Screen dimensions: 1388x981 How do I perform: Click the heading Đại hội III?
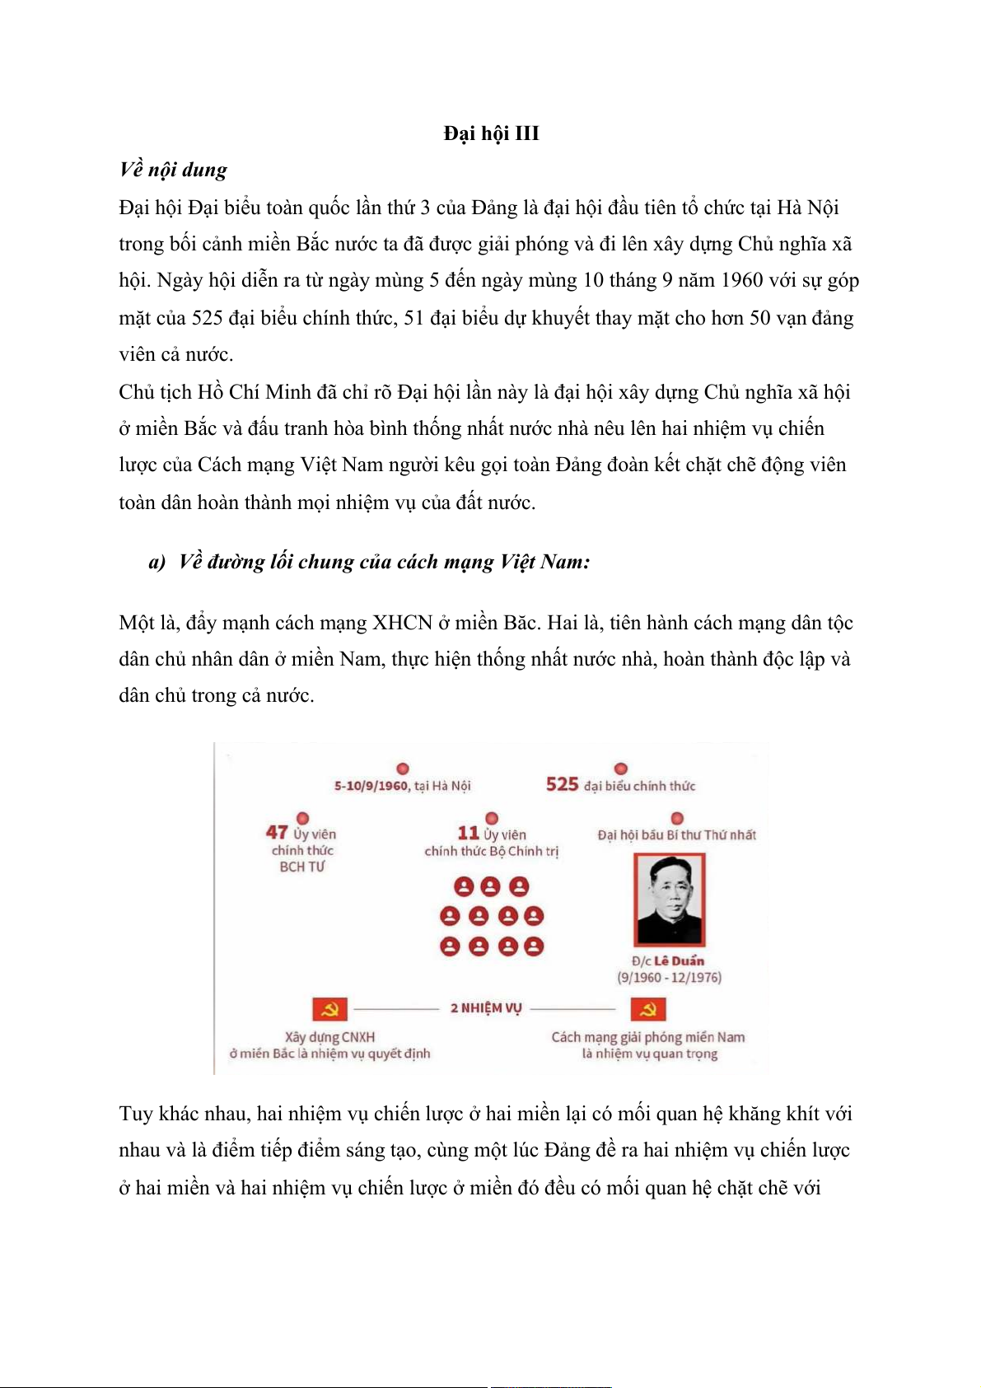coord(491,133)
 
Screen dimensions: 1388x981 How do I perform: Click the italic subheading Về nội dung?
coord(173,170)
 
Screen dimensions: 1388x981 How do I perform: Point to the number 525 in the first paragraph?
coord(208,318)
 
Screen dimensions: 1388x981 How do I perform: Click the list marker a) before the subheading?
coord(156,563)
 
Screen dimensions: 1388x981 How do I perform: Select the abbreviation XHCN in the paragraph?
coord(402,623)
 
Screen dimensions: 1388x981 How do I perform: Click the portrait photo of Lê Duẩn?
coord(669,899)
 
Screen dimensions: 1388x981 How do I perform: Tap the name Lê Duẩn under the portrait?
coord(680,960)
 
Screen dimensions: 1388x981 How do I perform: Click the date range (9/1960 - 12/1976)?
coord(669,978)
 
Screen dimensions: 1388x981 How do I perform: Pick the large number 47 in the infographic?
coord(277,833)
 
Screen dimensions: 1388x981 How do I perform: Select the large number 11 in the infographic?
coord(468,833)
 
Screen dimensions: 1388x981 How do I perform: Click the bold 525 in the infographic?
coord(562,784)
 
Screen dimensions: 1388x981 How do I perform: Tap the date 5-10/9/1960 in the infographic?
coord(371,786)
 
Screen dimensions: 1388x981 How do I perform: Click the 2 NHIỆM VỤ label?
coord(486,1008)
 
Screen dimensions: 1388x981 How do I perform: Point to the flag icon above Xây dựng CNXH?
coord(329,1009)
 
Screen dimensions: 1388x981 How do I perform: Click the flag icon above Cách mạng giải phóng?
coord(647,1009)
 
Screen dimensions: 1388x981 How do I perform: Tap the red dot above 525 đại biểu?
coord(621,769)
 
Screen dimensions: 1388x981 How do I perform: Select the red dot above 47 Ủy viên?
coord(302,818)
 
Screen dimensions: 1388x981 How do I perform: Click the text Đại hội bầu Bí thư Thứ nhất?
coord(676,835)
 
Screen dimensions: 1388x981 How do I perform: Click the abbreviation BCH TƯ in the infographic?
coord(302,867)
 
